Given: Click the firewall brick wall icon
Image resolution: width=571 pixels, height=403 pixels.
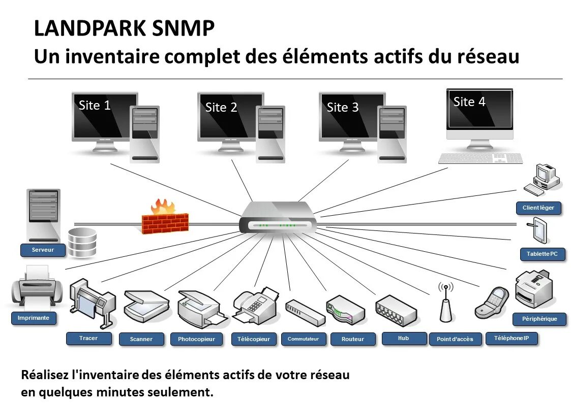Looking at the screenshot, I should coord(165,221).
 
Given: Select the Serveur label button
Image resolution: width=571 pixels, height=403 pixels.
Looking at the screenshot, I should coord(43,250).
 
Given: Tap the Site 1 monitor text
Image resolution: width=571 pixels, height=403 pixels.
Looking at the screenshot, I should coord(95,106).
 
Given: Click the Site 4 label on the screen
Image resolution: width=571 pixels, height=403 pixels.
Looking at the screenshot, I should coord(469,102).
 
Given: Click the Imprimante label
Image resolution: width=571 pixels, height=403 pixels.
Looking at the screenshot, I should coord(34,318).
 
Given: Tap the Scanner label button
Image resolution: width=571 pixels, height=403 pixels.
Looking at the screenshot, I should coord(141,339).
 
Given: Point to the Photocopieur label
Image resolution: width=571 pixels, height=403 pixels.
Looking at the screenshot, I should coord(196,339).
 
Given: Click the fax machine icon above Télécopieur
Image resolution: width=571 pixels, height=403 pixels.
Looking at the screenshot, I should coord(255,305).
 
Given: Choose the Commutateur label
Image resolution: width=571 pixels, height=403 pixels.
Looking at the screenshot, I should coord(303,339).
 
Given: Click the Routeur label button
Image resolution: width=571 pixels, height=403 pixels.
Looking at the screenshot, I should coord(353,339).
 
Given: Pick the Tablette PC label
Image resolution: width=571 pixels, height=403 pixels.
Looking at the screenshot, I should coord(542,254).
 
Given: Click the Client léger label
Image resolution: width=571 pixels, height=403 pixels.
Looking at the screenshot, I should coord(538,208).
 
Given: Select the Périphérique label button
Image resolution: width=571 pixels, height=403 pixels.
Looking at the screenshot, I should coord(539,319).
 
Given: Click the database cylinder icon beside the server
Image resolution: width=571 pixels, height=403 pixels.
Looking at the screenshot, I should coord(82,242).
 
